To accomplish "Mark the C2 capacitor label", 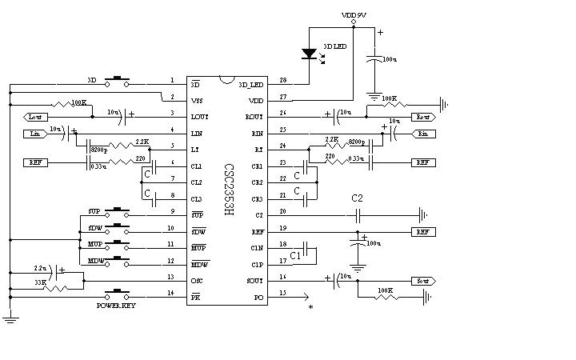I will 357,198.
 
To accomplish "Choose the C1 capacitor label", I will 296,255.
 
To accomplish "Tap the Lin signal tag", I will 34,134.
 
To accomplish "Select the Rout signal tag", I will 423,117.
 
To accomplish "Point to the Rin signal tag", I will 423,134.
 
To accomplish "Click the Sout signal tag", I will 422,281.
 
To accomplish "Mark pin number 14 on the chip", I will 172,294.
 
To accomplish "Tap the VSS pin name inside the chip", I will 197,100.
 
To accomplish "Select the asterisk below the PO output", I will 310,307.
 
